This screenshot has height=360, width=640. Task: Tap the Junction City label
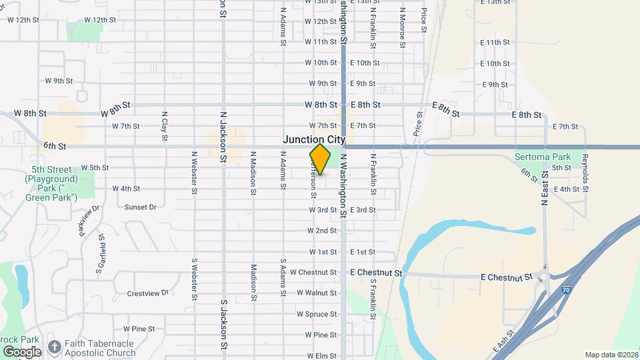tap(314, 139)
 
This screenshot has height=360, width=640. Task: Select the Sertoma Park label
tap(543, 157)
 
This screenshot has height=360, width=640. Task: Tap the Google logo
tap(22, 351)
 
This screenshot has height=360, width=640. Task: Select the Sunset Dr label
tap(139, 207)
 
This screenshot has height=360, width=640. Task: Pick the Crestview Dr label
tap(149, 293)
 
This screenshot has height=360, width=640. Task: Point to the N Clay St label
tap(164, 126)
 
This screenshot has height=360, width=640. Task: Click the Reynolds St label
tap(585, 173)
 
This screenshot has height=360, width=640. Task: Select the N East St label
tap(545, 194)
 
